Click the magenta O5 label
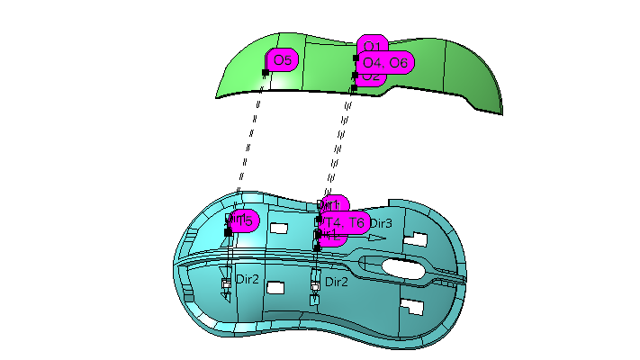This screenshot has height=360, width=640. (282, 61)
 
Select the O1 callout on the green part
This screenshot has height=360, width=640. (373, 46)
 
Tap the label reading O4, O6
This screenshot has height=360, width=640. (384, 62)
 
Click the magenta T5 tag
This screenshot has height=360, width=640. (246, 220)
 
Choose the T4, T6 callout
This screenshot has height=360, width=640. (345, 222)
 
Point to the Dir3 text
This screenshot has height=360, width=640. (381, 223)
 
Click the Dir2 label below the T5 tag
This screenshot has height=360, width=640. (248, 281)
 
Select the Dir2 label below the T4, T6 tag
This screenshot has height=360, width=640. (337, 282)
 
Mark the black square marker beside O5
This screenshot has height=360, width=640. (266, 73)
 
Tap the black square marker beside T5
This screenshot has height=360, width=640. (228, 232)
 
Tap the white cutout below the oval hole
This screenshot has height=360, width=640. (411, 305)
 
